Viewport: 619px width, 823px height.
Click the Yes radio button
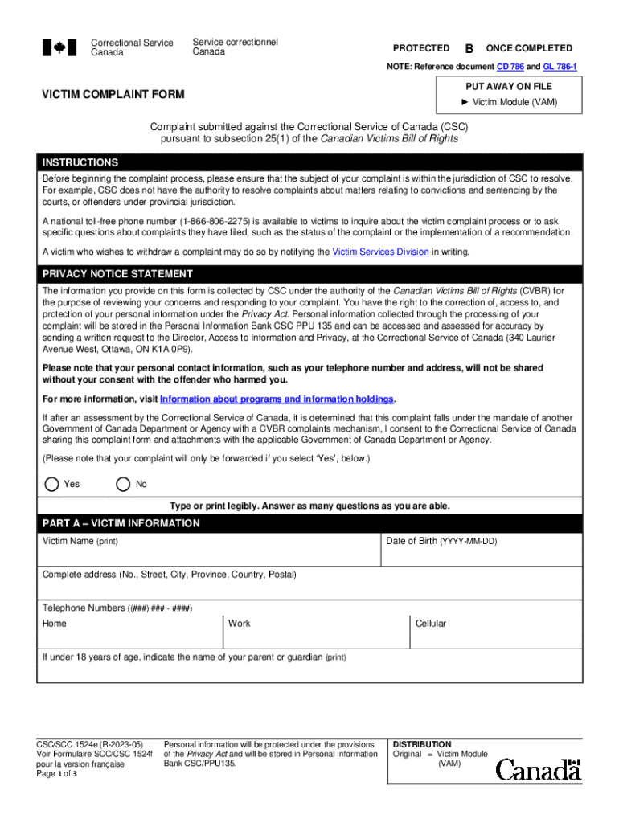[52, 484]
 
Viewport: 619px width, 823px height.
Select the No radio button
[123, 484]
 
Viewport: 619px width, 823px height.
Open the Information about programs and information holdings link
[277, 399]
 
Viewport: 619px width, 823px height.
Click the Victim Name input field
[209, 555]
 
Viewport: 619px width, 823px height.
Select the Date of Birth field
[482, 555]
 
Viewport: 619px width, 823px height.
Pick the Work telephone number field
[315, 635]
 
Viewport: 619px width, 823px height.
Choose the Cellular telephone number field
[495, 635]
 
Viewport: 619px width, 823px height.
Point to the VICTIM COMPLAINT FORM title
[113, 95]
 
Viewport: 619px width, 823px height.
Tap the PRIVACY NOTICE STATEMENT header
[117, 274]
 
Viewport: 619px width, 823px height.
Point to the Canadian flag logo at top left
[59, 47]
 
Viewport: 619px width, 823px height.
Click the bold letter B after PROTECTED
[469, 48]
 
